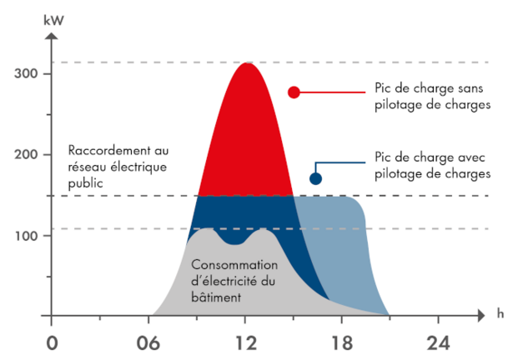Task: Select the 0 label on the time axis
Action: [x=52, y=342]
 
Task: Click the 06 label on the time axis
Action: [x=148, y=342]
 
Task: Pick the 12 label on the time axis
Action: [x=244, y=342]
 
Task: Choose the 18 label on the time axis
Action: [x=342, y=342]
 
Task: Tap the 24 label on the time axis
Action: [x=439, y=342]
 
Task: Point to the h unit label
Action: [x=500, y=313]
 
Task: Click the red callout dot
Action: [x=294, y=92]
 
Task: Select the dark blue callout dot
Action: [x=315, y=178]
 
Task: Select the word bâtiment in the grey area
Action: [x=216, y=296]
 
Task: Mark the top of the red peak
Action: [x=245, y=63]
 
